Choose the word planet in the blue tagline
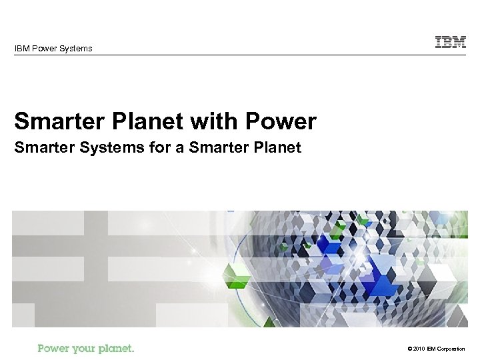117,349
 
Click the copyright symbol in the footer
407,349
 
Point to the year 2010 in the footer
419,349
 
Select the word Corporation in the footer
458,349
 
